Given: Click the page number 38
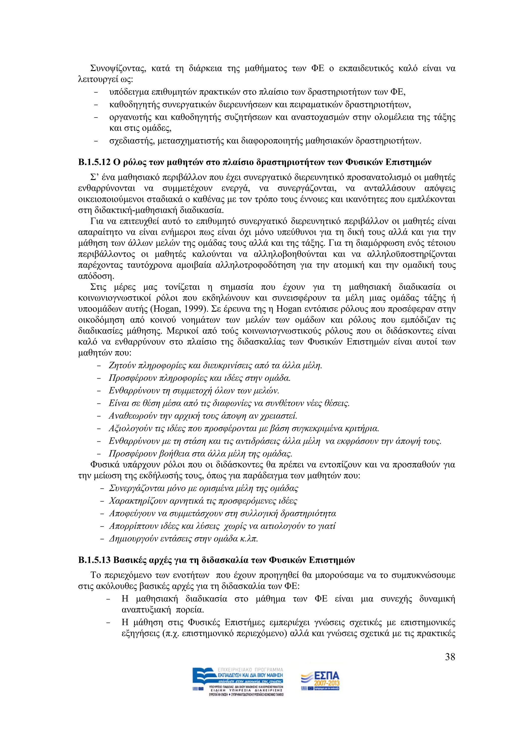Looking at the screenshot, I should pyautogui.click(x=450, y=657).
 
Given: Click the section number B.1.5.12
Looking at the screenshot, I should pyautogui.click(x=94, y=163).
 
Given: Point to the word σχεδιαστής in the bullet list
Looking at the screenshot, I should pyautogui.click(x=132, y=141).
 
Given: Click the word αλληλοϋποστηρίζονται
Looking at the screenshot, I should pyautogui.click(x=411, y=254).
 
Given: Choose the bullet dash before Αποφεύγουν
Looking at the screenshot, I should pyautogui.click(x=102, y=514).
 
